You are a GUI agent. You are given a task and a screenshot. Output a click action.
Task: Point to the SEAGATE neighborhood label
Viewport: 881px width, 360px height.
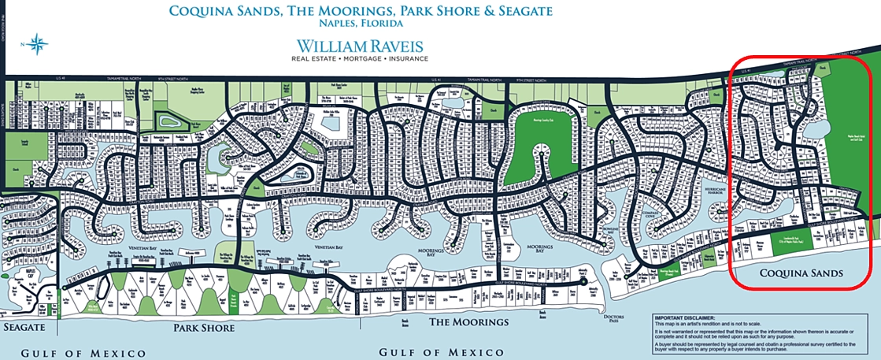click(23, 326)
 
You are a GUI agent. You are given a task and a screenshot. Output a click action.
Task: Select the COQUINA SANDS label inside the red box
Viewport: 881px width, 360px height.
click(801, 273)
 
